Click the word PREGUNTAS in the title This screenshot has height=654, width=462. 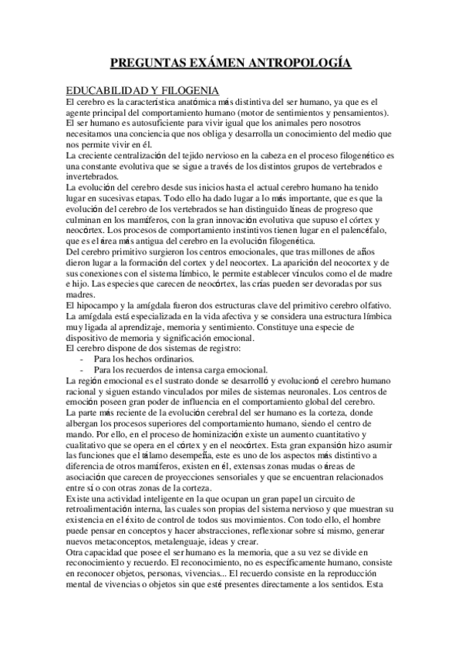[x=145, y=63]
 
